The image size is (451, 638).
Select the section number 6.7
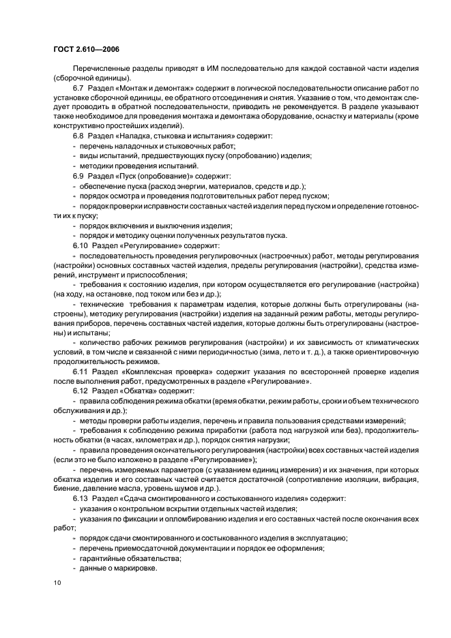[x=79, y=88]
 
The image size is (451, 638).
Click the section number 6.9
[x=79, y=176]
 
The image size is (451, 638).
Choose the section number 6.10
[x=81, y=244]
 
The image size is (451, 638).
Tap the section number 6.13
[x=81, y=499]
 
